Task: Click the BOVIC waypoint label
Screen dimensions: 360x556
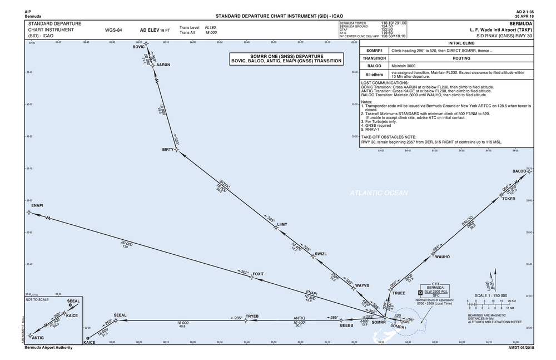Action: (x=138, y=47)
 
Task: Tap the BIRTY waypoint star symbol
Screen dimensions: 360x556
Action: (x=177, y=150)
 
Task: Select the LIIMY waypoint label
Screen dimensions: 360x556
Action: (x=282, y=224)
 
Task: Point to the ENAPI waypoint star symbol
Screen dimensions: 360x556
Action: (x=28, y=213)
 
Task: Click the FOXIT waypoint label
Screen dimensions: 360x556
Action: (x=258, y=274)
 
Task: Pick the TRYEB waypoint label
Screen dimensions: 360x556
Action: (x=252, y=316)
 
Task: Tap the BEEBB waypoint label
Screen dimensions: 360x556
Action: (x=346, y=325)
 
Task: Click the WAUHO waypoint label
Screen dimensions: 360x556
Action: (x=442, y=257)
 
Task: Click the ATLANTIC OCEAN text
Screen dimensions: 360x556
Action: (x=379, y=193)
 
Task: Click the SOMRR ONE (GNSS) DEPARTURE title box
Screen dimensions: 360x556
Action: (x=286, y=60)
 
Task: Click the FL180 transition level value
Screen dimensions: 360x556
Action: (x=211, y=27)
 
